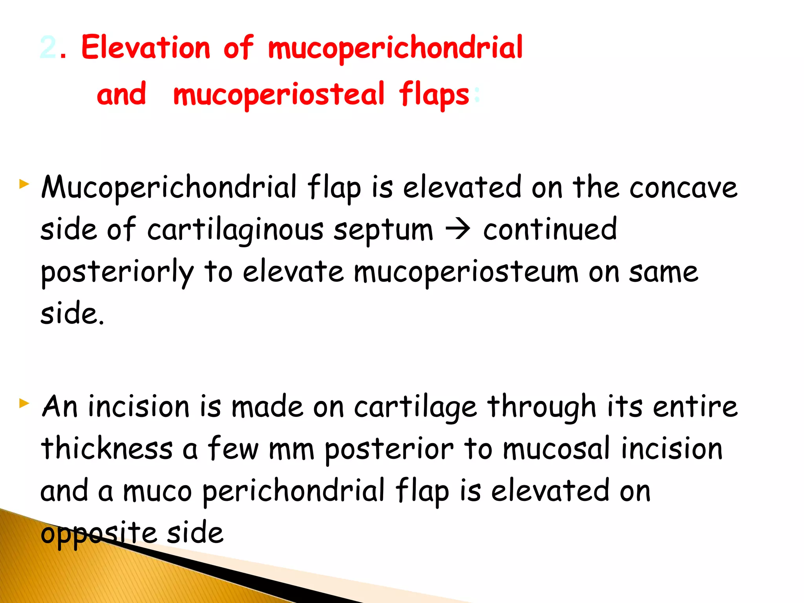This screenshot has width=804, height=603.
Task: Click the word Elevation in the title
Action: (x=146, y=48)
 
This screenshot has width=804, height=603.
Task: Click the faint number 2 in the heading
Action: (x=48, y=48)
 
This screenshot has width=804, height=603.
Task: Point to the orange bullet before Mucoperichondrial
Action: (x=24, y=184)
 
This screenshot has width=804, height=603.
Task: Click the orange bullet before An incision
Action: (x=24, y=403)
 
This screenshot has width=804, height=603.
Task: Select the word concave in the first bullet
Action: (x=683, y=188)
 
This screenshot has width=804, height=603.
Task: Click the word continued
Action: (x=550, y=229)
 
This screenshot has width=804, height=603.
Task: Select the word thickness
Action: (x=107, y=448)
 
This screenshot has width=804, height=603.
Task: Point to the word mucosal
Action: (x=557, y=448)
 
